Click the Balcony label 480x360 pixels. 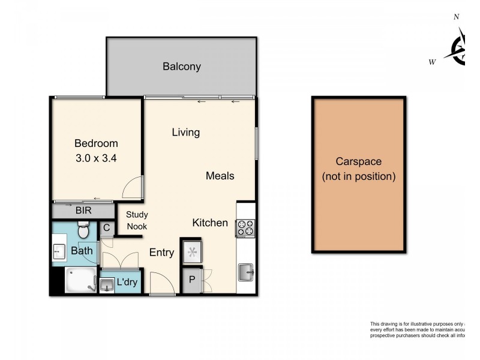181,67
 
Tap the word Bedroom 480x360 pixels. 96,143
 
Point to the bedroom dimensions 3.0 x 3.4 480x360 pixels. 96,159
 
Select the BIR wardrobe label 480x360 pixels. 83,211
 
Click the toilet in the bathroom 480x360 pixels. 83,229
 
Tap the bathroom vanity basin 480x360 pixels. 59,251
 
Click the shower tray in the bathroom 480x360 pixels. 80,280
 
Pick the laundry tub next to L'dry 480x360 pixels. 107,284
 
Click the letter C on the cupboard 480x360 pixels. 106,227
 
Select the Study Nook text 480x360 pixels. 137,220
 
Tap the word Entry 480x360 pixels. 161,253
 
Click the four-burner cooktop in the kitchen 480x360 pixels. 245,228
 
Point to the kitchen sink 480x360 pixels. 246,272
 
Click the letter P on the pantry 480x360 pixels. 192,280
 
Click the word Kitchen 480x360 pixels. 209,223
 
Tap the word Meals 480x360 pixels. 220,176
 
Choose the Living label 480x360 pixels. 185,132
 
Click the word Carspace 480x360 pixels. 358,161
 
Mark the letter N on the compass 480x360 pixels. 456,17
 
